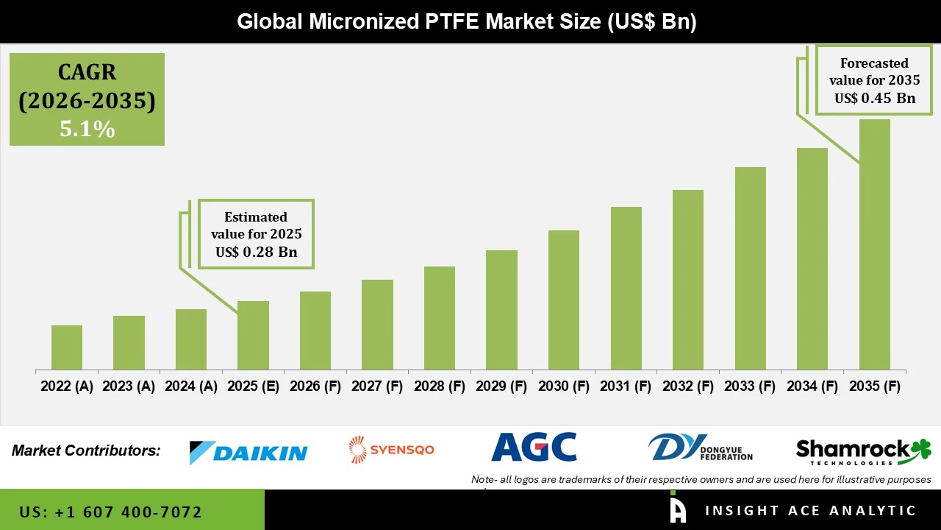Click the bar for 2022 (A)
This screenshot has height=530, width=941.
[67, 347]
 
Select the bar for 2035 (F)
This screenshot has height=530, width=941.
[874, 244]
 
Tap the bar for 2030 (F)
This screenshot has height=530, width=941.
[564, 300]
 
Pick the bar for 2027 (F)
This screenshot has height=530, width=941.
[377, 325]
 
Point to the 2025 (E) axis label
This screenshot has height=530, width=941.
[253, 386]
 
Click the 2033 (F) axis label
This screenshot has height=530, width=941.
[750, 386]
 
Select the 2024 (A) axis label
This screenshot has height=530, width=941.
[191, 386]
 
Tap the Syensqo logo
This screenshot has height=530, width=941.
[391, 449]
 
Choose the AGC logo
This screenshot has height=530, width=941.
[534, 447]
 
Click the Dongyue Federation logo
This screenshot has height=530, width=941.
[701, 448]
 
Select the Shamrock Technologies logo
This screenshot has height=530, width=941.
[863, 451]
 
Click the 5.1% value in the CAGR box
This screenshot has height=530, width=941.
[87, 130]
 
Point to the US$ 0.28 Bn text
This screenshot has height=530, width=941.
[256, 252]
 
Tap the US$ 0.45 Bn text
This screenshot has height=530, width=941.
[874, 98]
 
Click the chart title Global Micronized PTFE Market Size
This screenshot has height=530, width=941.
[466, 21]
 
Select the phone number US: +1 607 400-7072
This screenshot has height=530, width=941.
[110, 512]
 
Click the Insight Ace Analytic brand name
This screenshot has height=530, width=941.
[810, 511]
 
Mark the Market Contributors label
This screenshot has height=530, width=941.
[86, 451]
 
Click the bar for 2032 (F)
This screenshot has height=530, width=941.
[688, 280]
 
